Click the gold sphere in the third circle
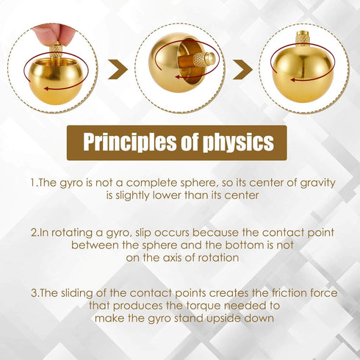tap(302, 73)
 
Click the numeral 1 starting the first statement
tap(32, 181)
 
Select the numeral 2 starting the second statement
tap(34, 232)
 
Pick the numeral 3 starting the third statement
tap(34, 293)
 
